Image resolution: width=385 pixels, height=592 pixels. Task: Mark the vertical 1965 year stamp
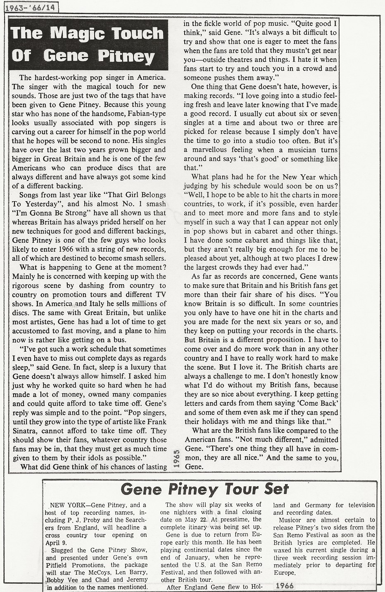pyautogui.click(x=176, y=459)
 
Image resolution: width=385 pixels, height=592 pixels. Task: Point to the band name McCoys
pyautogui.click(x=105, y=572)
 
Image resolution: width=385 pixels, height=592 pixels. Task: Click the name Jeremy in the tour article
pyautogui.click(x=135, y=580)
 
